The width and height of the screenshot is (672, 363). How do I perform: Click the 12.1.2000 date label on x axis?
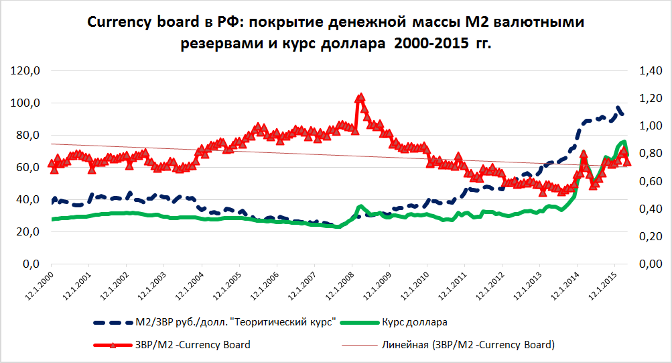(x=39, y=287)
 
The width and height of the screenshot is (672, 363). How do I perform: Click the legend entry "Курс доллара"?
(x=415, y=322)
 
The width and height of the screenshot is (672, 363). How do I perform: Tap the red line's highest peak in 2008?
(x=360, y=97)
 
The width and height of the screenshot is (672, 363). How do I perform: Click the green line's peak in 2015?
(x=624, y=142)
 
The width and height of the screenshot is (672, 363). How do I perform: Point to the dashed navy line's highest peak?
(x=618, y=107)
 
